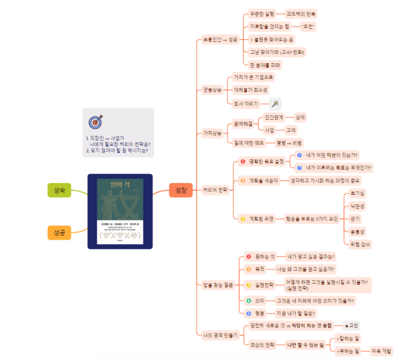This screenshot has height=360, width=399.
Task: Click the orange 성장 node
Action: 180,190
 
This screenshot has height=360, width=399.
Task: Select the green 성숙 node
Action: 59,190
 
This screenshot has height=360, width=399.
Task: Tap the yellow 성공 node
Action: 59,232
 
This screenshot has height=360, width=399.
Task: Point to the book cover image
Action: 120,211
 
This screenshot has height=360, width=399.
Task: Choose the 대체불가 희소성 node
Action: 251,90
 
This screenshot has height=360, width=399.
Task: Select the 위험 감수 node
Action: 360,244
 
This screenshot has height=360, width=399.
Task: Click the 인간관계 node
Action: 274,116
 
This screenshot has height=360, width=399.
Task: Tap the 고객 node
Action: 291,130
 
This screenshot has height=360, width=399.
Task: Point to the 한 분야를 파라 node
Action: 265,65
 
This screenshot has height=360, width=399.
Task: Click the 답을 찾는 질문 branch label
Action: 218,285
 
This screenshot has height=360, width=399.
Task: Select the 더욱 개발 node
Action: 381,351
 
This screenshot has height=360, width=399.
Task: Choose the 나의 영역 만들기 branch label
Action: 220,335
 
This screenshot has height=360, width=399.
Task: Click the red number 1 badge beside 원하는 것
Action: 249,257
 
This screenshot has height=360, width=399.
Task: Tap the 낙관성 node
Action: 357,205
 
